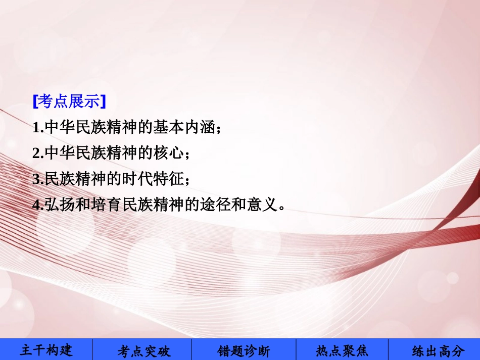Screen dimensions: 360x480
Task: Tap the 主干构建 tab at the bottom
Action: click(x=46, y=350)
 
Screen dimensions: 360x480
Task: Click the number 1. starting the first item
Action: click(x=38, y=128)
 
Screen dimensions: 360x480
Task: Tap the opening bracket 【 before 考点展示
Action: click(x=35, y=102)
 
